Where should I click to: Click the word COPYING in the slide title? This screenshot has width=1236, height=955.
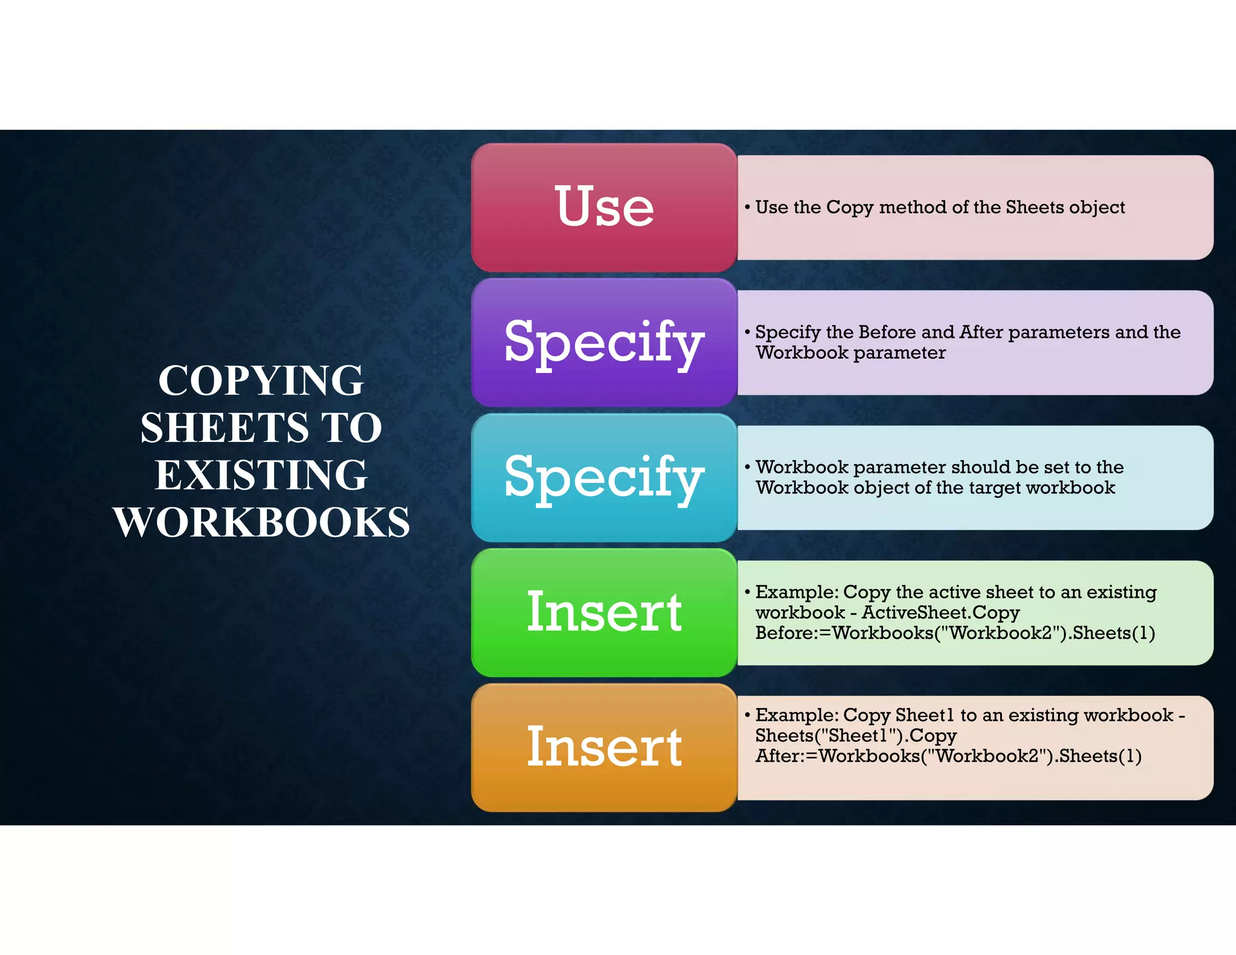tap(261, 381)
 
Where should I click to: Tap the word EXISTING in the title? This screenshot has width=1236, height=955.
tap(261, 475)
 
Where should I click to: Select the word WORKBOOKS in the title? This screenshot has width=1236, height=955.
tap(261, 522)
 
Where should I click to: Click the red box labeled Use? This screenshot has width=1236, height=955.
tap(604, 207)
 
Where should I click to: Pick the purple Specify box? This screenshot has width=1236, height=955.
tap(604, 342)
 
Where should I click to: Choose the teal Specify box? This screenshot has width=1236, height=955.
tap(604, 477)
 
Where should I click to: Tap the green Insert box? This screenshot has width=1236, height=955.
tap(604, 613)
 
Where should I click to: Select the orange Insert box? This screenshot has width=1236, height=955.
tap(604, 747)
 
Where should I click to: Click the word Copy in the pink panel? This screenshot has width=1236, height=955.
tap(850, 208)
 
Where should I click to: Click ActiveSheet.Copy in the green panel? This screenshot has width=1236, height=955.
tap(940, 613)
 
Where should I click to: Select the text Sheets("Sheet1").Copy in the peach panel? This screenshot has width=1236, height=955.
tap(856, 736)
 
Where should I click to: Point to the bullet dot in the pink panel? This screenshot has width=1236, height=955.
tap(747, 207)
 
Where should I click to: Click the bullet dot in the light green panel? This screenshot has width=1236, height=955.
tap(747, 592)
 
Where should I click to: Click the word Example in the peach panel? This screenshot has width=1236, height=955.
tap(796, 715)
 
